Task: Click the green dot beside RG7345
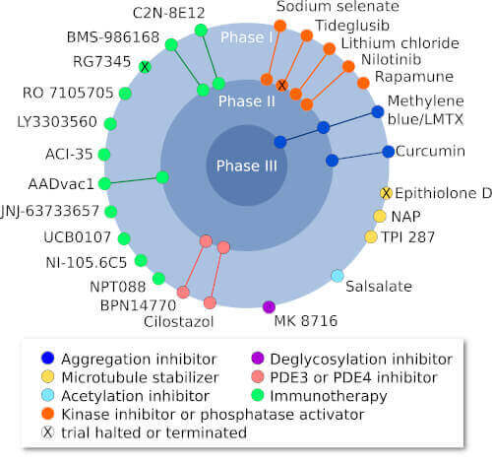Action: coord(145,67)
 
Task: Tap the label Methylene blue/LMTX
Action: coord(438,109)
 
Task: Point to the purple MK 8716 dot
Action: coord(270,306)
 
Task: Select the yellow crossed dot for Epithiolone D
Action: coord(386,192)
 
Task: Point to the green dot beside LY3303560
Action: coord(110,124)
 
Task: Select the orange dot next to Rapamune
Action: coord(364,83)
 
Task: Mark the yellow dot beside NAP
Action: coord(379,216)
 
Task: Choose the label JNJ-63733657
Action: coord(51,210)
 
